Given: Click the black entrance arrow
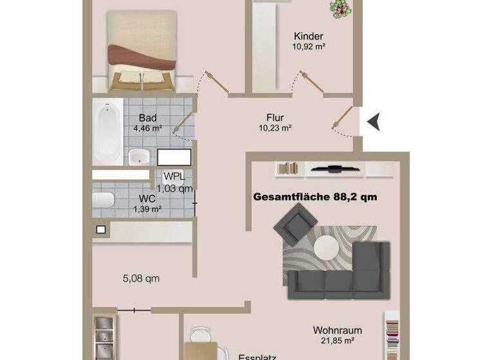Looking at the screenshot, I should tap(374, 121).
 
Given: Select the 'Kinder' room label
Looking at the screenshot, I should tap(308, 37).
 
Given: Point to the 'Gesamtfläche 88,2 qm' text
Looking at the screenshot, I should tap(315, 197).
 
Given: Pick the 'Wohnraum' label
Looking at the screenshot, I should tap(334, 329).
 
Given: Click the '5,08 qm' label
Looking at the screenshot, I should tap(141, 279).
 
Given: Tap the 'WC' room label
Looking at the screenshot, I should tap(147, 199).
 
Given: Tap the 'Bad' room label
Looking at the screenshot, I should tap(148, 118).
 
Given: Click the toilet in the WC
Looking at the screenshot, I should tap(104, 200).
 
